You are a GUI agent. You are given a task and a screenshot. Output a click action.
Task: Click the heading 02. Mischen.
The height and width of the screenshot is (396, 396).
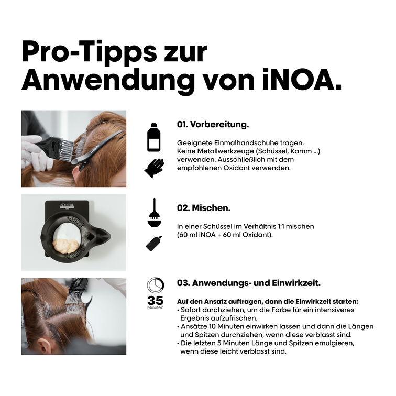[x=203, y=207]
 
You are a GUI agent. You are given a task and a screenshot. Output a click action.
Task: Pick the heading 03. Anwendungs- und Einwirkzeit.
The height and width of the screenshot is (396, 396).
[x=248, y=283]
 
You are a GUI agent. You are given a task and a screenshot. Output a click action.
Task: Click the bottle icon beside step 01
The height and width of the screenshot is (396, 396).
[x=153, y=138]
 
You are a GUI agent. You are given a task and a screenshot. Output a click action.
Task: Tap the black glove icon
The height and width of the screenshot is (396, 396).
[x=153, y=168]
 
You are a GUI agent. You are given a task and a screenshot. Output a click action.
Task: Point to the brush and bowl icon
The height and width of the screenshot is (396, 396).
[x=153, y=212]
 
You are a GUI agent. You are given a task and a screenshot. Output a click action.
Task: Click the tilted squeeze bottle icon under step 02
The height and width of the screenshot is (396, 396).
[x=153, y=243]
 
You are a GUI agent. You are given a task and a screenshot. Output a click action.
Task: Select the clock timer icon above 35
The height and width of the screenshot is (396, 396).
[x=155, y=286]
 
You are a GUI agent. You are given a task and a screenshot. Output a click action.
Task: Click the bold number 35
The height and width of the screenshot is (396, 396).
[x=155, y=301]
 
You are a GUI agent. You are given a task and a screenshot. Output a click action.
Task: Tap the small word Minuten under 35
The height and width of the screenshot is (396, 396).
[x=155, y=309]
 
